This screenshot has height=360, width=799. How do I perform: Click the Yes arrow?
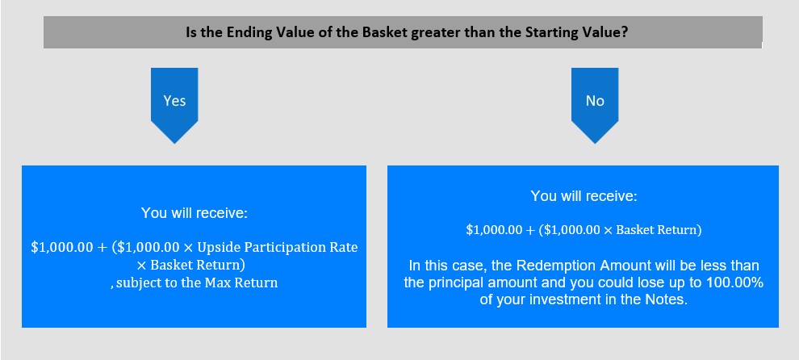(x=174, y=105)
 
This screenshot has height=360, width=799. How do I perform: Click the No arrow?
(x=595, y=105)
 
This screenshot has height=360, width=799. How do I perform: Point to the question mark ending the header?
(x=624, y=32)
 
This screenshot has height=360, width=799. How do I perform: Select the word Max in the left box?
(x=216, y=283)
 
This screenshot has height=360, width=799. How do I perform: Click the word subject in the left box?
(x=136, y=283)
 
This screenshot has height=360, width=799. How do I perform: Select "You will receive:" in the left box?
(x=195, y=212)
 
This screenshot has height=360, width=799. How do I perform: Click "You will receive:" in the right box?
(x=584, y=196)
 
